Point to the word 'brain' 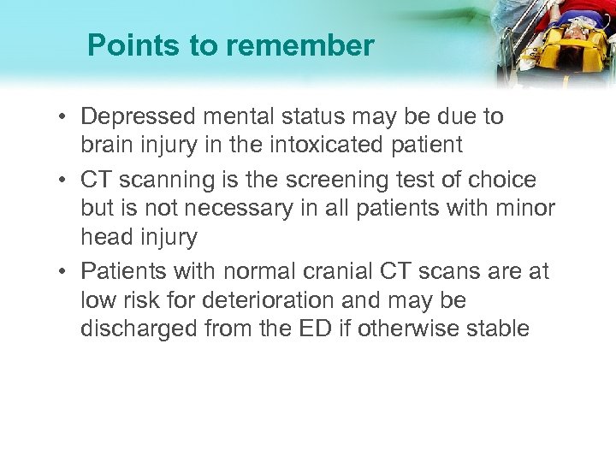click(x=104, y=144)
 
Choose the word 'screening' click(x=341, y=180)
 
